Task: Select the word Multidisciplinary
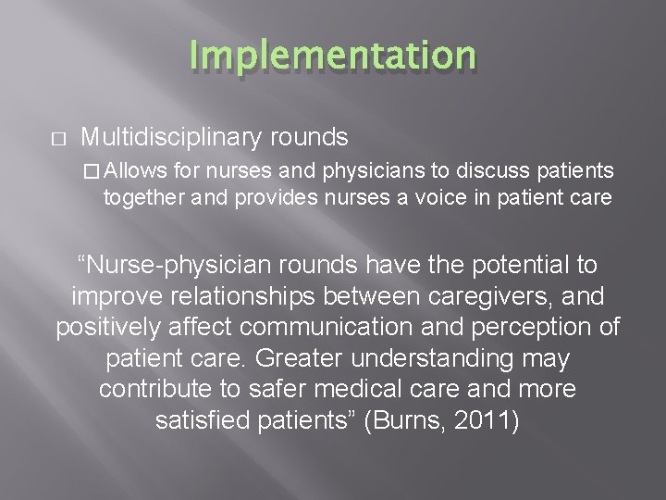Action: coord(173,138)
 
